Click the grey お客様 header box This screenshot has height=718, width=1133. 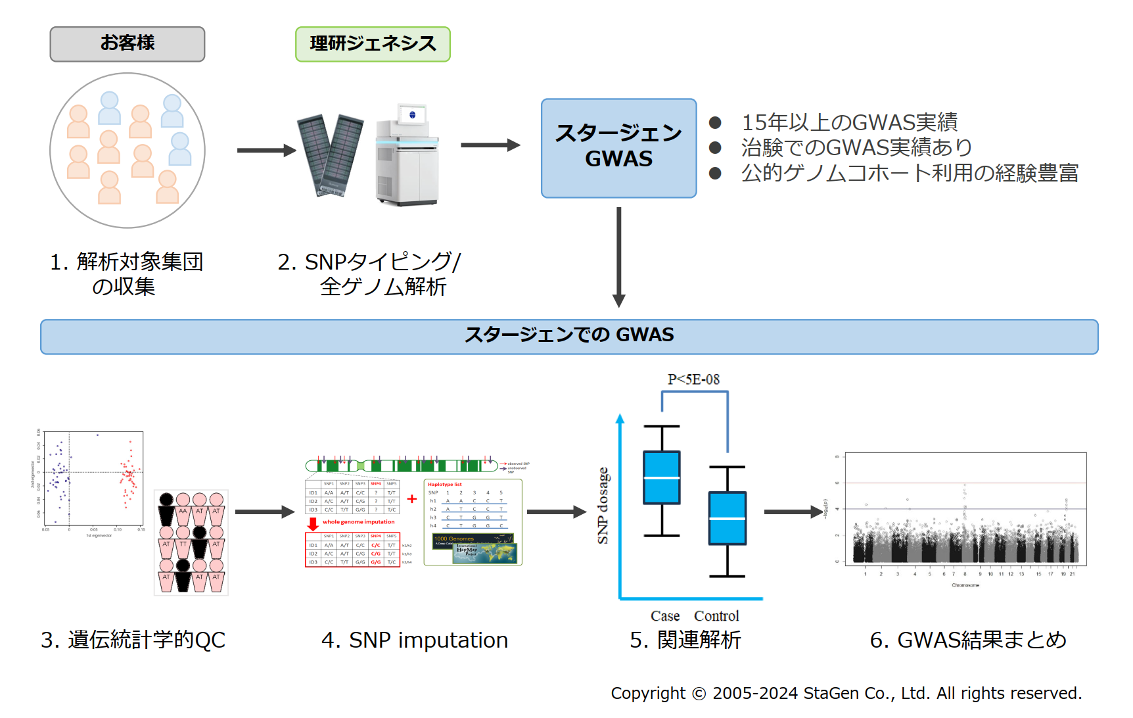click(x=127, y=44)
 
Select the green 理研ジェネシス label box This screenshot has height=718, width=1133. click(x=373, y=44)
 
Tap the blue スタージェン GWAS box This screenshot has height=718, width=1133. click(x=618, y=148)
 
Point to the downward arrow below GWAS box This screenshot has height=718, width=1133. click(x=618, y=256)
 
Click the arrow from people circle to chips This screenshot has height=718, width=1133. click(x=266, y=151)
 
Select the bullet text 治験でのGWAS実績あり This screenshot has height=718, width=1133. click(x=856, y=147)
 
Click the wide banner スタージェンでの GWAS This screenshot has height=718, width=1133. click(x=569, y=336)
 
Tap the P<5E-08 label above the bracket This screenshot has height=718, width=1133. click(x=693, y=379)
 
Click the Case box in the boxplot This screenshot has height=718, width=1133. click(x=661, y=477)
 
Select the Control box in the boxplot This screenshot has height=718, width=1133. click(x=727, y=518)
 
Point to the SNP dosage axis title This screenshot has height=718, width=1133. click(x=603, y=506)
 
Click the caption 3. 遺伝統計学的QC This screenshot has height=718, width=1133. click(x=133, y=640)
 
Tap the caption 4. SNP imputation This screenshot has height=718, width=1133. click(x=415, y=640)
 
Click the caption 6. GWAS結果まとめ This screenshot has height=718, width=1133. click(x=967, y=640)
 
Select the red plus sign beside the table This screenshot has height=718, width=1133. click(x=412, y=499)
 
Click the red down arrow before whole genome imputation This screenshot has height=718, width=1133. click(x=313, y=523)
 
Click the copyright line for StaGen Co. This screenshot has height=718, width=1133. click(x=846, y=693)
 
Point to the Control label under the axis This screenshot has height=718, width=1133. click(x=716, y=616)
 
